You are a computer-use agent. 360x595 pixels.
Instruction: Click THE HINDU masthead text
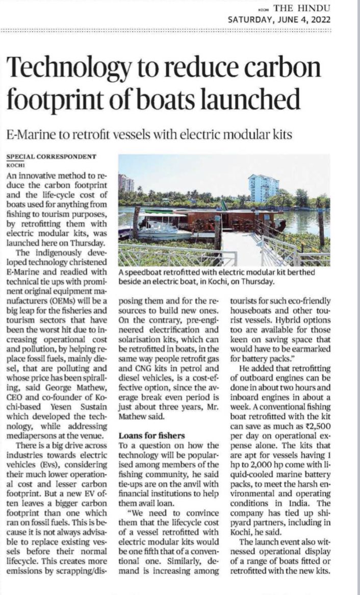[302, 8]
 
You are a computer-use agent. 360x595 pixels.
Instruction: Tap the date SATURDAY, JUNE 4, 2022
[279, 20]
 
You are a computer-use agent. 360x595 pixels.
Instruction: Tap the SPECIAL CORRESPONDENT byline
[51, 156]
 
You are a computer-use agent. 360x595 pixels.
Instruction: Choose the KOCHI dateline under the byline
[15, 165]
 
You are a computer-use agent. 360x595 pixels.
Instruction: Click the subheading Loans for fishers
[148, 435]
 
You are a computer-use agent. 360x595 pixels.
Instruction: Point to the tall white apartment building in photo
[264, 188]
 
